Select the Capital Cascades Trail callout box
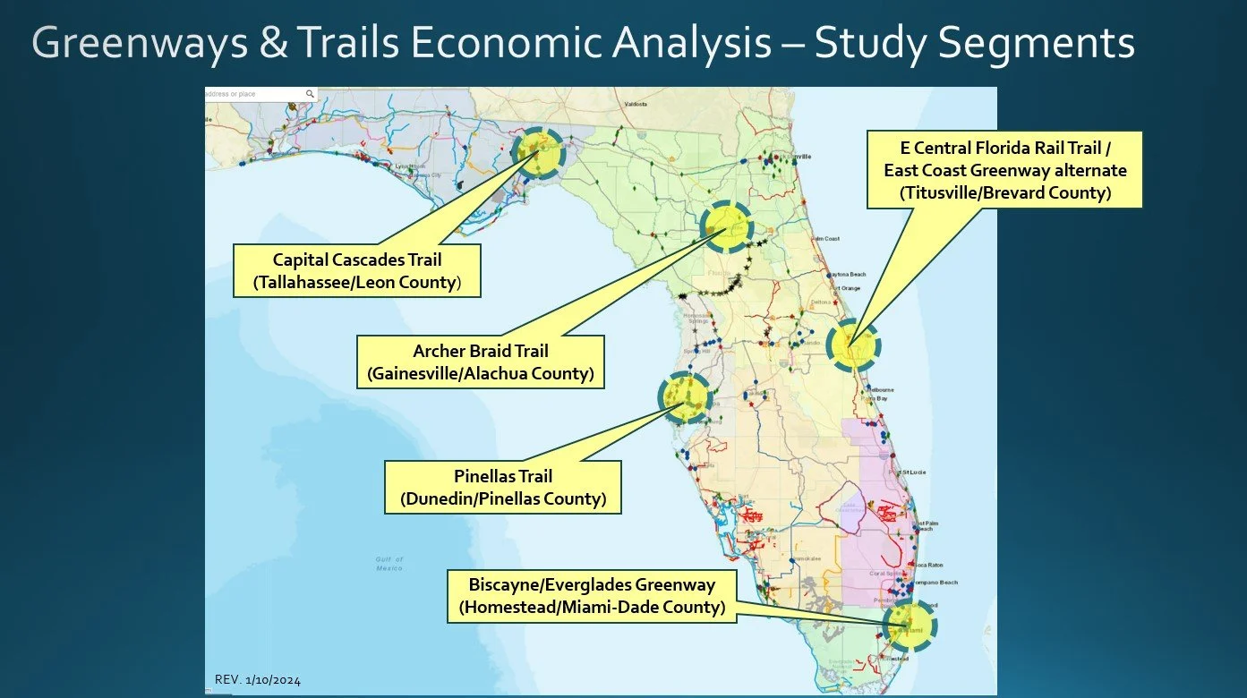tap(356, 271)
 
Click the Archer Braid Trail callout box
tap(480, 362)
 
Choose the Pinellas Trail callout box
tap(502, 487)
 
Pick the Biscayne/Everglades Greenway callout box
tap(592, 596)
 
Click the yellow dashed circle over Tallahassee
tap(539, 153)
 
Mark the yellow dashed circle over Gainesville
tap(726, 227)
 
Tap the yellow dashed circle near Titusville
tap(852, 345)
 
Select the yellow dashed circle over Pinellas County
tap(685, 397)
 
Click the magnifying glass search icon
tap(310, 93)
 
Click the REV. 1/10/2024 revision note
tap(258, 680)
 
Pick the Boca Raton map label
tap(929, 566)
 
